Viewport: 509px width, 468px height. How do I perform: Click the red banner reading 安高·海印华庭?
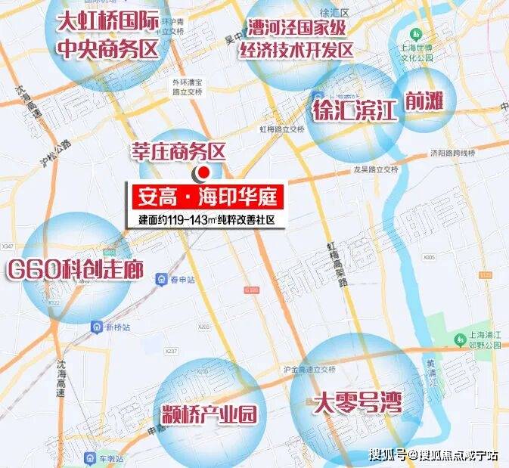208,199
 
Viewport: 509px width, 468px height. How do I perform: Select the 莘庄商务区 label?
177,152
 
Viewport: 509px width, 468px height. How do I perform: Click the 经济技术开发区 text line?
296,51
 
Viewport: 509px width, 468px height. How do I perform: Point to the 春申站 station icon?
162,280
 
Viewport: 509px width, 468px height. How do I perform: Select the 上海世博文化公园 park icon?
414,36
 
